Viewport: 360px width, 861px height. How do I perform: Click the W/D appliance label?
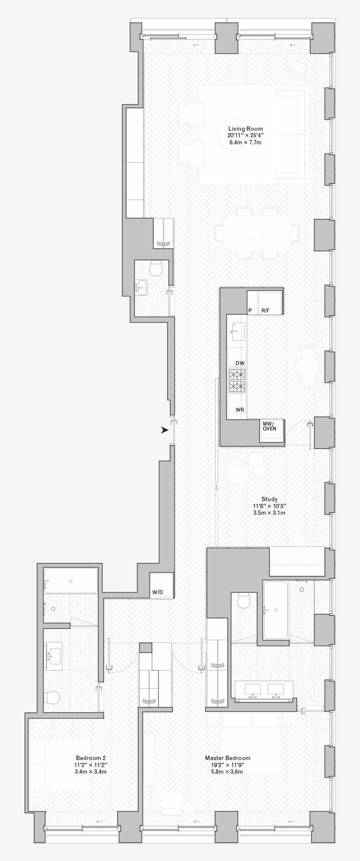pos(157,592)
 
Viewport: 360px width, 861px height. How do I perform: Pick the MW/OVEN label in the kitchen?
pos(270,426)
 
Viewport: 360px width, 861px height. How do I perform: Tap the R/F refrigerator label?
pos(266,311)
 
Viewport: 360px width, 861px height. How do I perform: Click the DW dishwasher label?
pos(240,363)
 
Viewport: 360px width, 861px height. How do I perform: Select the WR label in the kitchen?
pos(240,409)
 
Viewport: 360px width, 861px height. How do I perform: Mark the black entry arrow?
pos(165,430)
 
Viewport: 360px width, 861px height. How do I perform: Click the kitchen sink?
pos(237,331)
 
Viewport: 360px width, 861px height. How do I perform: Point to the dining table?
pos(256,233)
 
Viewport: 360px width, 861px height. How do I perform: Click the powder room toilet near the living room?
pos(156,268)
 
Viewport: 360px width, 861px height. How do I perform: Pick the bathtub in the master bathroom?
pos(275,610)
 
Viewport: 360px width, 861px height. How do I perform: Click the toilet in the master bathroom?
pos(243,600)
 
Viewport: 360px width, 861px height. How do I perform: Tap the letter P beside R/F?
pos(250,311)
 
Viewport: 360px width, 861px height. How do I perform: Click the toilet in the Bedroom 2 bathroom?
pos(52,698)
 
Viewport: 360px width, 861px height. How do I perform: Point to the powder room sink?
pos(141,288)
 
